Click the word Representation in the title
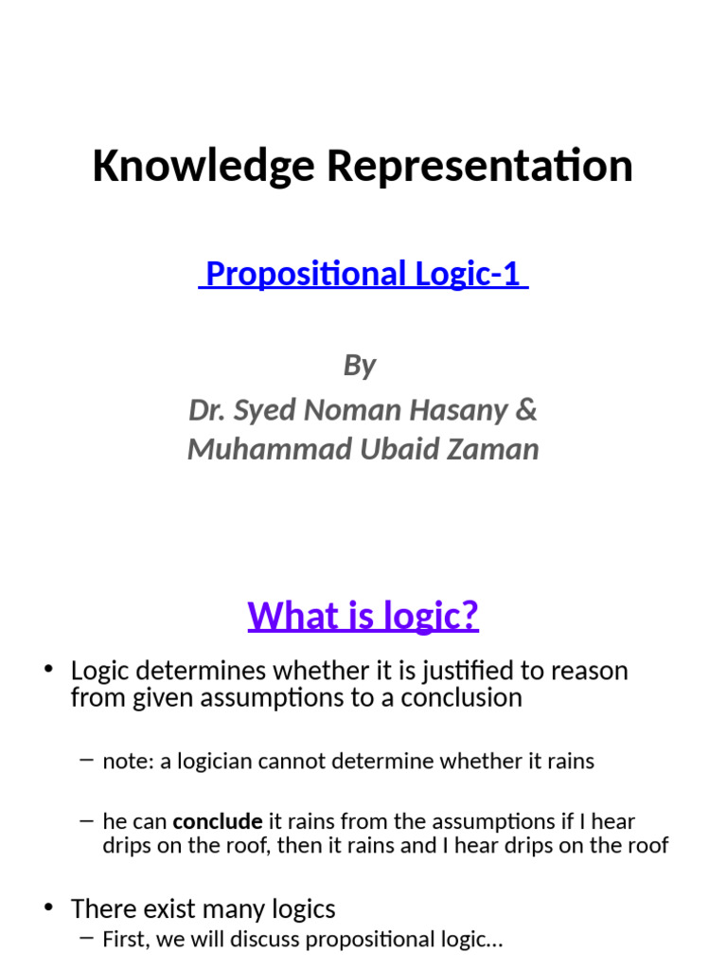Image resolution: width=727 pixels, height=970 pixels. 480,167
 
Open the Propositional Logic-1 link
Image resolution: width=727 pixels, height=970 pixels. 363,274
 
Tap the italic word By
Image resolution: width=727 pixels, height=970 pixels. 360,365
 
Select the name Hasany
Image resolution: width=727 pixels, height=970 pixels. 458,410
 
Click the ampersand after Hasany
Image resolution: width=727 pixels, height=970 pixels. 527,410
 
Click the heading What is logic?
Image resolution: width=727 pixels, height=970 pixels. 363,616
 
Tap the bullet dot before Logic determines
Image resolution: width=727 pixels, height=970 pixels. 48,671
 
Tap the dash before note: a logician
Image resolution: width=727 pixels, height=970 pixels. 87,761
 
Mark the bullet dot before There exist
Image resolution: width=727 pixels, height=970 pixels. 48,909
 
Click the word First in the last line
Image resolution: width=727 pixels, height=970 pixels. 124,941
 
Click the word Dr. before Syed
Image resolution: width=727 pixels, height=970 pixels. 206,410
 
